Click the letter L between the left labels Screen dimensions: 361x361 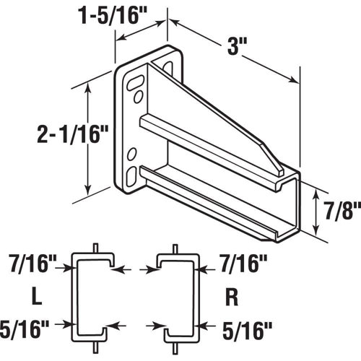tap(35, 297)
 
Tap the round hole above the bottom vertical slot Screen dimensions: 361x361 tap(133, 153)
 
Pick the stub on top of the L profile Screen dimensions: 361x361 tap(95, 248)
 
